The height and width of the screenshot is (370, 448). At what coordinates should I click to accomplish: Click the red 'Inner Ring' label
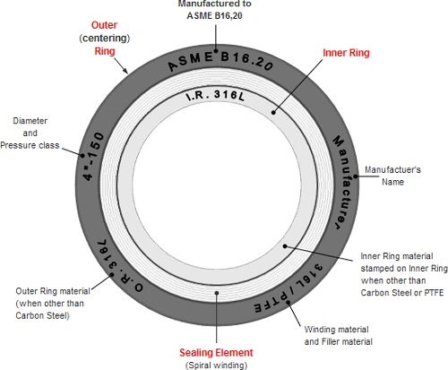click(346, 53)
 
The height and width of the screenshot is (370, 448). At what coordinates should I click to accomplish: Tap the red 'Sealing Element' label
click(216, 353)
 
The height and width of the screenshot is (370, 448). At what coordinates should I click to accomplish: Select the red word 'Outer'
click(104, 25)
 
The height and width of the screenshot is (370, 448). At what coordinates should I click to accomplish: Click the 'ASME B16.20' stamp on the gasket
click(220, 61)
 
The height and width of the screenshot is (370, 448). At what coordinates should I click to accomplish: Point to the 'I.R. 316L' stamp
click(215, 96)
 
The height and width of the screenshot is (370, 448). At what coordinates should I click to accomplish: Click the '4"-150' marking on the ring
click(93, 156)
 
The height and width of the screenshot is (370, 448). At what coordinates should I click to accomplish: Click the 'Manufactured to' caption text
click(215, 4)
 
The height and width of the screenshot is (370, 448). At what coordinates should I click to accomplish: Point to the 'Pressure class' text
click(30, 145)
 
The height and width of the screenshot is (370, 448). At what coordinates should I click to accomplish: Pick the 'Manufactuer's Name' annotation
click(392, 176)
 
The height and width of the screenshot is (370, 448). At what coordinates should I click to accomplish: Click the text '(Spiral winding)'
click(216, 366)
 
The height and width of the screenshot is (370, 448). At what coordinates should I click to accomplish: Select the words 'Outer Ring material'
click(53, 291)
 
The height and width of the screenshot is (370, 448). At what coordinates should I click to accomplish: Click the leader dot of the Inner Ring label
click(273, 112)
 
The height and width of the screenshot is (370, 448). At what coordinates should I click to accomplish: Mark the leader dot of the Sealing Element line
click(217, 293)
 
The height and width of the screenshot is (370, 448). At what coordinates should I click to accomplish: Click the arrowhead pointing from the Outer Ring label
click(125, 71)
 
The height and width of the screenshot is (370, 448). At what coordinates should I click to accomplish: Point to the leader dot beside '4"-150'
click(82, 155)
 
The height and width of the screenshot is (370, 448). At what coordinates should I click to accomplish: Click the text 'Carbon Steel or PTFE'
click(402, 293)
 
